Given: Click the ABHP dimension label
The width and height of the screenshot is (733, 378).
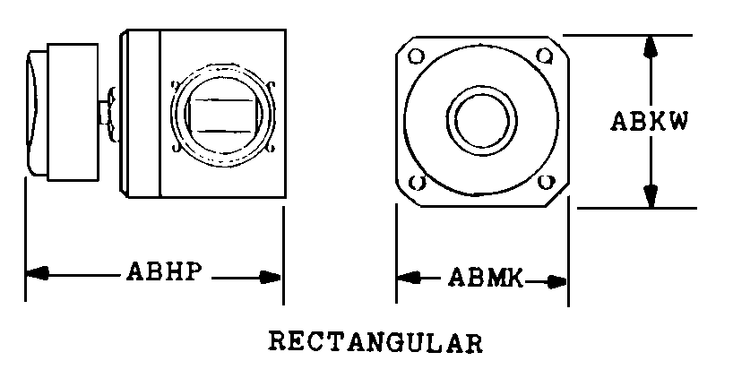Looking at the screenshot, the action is pos(165,271).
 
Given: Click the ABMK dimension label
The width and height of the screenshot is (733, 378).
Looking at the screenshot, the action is pos(486,278).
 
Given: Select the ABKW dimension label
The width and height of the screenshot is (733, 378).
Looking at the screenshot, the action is pos(650,122).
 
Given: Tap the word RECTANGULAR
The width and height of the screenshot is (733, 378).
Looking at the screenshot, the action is pos(375,342).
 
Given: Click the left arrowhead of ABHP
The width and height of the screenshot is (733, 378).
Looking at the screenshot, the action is pos(38,273).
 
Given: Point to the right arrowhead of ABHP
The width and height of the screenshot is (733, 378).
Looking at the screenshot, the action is pos(271,278).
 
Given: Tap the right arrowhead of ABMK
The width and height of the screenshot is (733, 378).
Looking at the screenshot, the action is pos(556,282).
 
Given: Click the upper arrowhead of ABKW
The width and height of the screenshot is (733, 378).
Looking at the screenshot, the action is pos(650,47).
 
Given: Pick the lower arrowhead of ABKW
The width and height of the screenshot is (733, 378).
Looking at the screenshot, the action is pos(651,196).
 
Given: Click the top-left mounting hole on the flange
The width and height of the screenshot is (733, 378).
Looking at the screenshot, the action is pos(416,56).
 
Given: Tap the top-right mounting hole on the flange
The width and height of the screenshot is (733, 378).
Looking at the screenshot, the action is pos(544,56).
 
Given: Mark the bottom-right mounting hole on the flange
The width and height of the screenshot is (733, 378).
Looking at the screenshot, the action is pos(546,182).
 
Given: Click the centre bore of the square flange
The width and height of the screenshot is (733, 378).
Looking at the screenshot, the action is pos(481,121).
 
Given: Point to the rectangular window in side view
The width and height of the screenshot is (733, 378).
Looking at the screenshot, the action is pos(223,116).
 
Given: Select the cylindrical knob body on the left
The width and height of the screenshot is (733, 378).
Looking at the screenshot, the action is pos(73,112).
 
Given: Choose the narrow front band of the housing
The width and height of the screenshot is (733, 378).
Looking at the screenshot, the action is pos(141,114).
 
